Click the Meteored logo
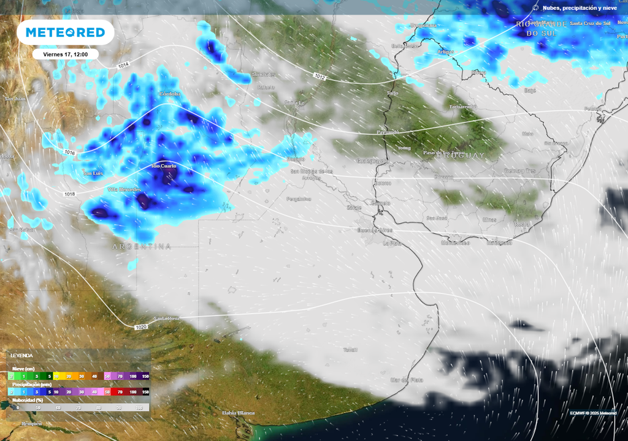tap(65, 32)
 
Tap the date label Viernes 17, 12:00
tap(65, 54)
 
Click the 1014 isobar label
tap(124, 65)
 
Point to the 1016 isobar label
tap(70, 152)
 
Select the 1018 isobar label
tap(70, 194)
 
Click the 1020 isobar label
tap(141, 327)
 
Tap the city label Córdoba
tap(170, 94)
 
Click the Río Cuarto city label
tap(164, 166)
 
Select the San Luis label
tap(93, 173)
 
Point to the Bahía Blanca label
tap(238, 412)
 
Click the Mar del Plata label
tap(407, 380)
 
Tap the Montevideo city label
tap(455, 243)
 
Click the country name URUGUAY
tap(461, 155)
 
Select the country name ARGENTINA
tap(142, 246)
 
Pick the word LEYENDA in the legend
tap(21, 355)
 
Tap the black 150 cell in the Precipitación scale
tap(145, 391)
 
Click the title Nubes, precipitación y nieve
tap(578, 7)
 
